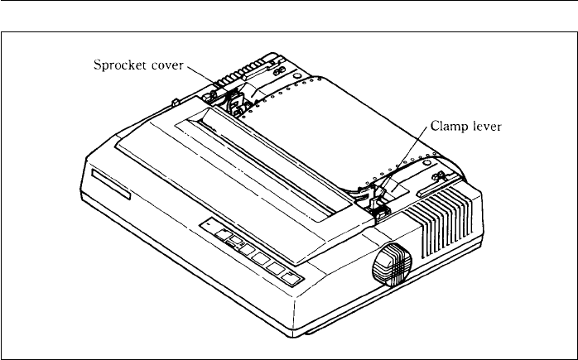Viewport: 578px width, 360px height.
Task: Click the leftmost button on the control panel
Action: point(219,234)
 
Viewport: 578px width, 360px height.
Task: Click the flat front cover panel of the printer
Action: point(224,161)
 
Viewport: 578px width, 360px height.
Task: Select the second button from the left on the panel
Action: point(233,243)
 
